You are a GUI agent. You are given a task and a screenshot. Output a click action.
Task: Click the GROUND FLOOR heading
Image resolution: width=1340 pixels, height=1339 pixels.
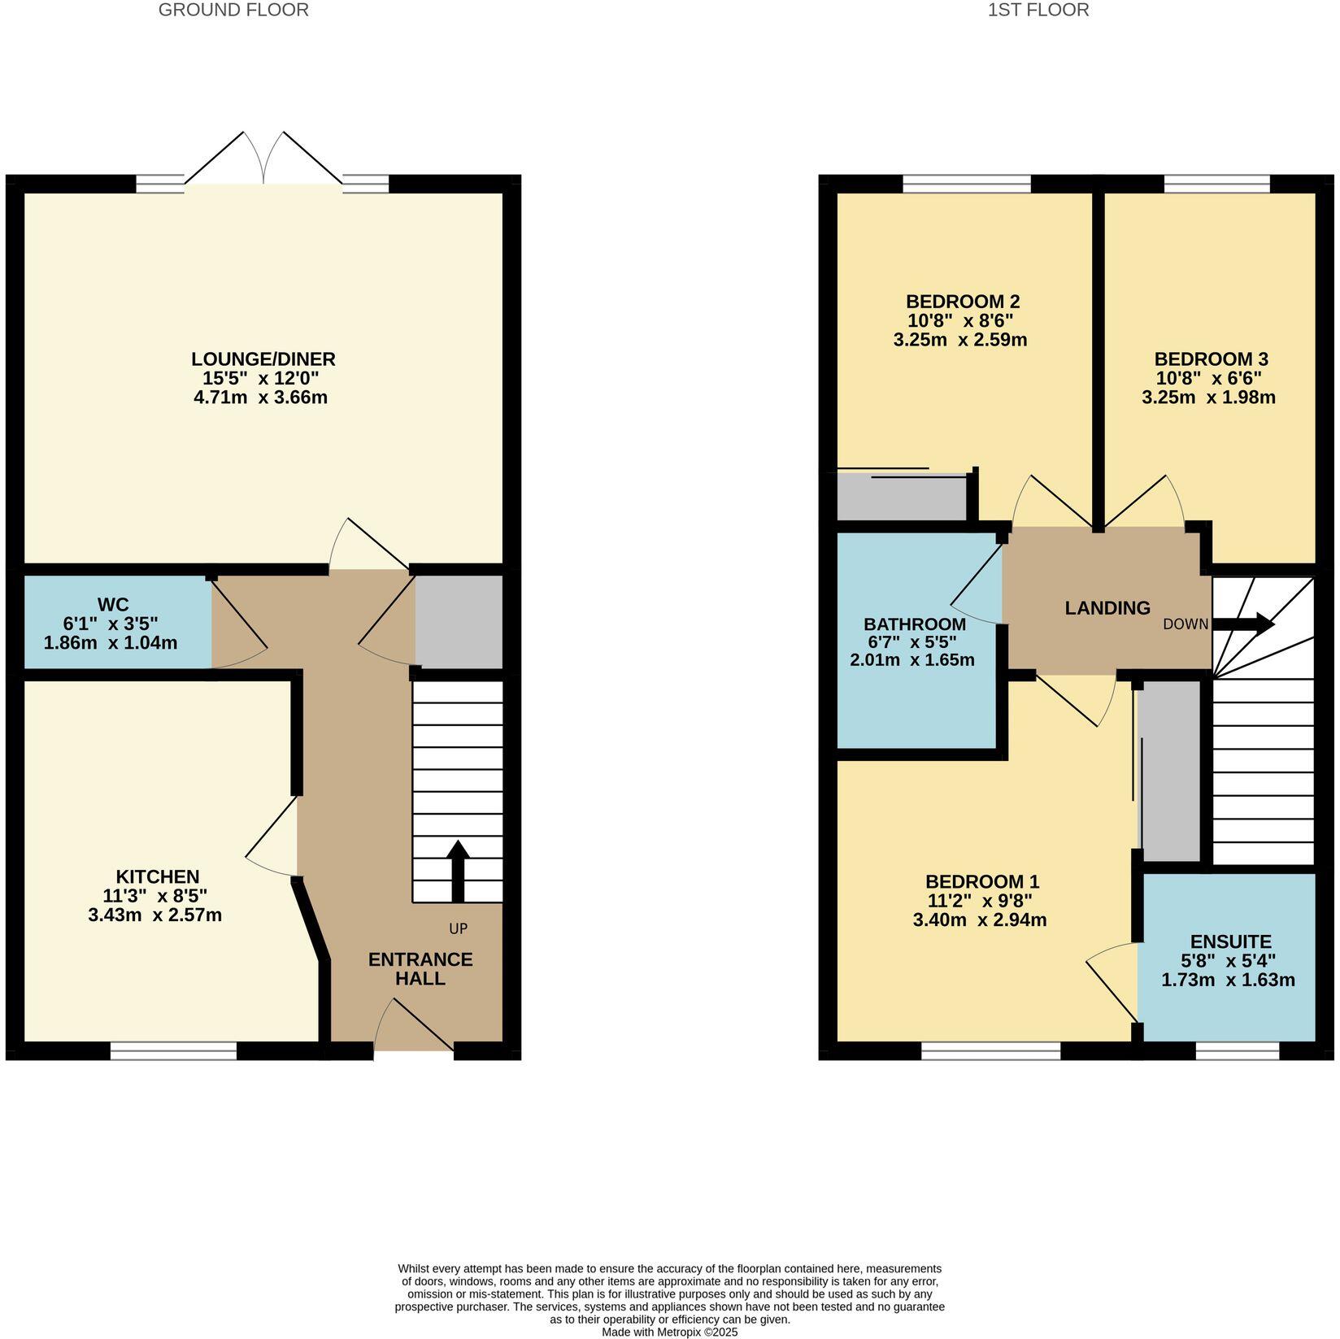[x=233, y=11]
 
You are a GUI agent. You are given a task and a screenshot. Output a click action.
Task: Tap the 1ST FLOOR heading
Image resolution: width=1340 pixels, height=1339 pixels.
[x=1038, y=11]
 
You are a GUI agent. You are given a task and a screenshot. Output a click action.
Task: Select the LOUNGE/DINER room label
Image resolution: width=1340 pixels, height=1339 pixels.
[x=263, y=359]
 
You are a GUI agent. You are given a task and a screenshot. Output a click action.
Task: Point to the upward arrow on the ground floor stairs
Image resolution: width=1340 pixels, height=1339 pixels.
[x=458, y=871]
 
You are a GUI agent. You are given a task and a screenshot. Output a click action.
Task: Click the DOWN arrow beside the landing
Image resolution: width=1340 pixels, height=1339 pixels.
[x=1242, y=624]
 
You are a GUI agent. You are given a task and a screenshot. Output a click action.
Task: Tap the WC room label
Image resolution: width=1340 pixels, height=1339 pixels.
[x=113, y=604]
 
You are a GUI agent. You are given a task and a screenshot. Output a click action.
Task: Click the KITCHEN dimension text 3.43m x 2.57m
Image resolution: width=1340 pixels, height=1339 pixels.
[x=154, y=915]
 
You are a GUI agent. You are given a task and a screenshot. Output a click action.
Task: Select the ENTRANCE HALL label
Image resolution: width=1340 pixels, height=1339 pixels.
[x=420, y=968]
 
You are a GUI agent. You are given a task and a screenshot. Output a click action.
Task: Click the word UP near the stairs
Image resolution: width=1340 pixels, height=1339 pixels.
[x=459, y=928]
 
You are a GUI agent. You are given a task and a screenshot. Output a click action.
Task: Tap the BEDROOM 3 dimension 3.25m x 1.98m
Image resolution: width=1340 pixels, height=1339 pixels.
[x=1208, y=398]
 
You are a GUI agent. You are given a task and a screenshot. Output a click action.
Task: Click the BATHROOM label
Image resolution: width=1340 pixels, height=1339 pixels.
[x=915, y=624]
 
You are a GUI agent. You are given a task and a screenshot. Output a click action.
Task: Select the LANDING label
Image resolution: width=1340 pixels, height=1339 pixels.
[x=1107, y=607]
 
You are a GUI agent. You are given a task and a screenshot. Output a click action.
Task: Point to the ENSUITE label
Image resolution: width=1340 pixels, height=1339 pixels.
[x=1230, y=941]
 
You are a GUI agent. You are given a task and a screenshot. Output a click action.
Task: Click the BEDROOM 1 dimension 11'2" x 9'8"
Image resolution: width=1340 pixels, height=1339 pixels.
[x=980, y=901]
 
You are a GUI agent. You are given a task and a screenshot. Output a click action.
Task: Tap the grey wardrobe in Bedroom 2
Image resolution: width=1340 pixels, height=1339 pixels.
[x=901, y=497]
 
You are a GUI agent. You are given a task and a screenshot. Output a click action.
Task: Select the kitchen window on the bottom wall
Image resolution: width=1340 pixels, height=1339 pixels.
[x=173, y=1052]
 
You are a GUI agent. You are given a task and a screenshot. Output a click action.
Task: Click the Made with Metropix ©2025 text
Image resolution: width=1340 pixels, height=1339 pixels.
[x=669, y=1332]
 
